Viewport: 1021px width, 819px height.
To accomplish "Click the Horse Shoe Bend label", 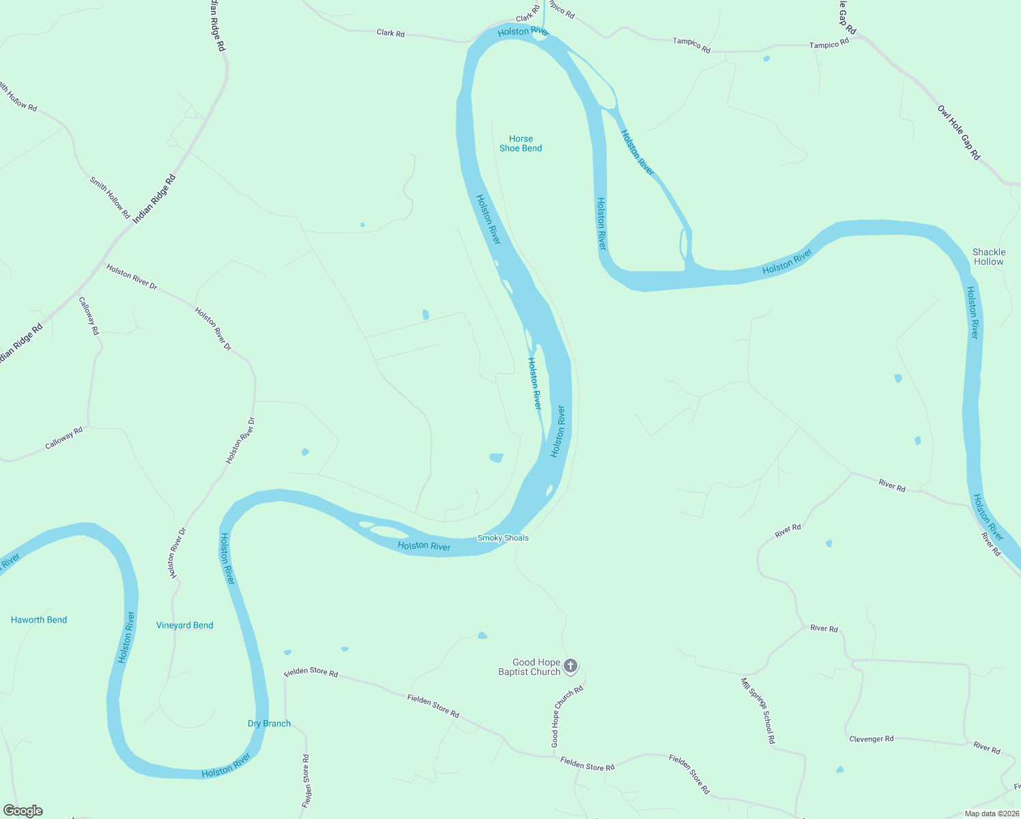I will point(521,143).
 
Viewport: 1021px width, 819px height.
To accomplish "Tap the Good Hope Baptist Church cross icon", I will point(571,665).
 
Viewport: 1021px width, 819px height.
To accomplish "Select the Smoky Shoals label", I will point(503,538).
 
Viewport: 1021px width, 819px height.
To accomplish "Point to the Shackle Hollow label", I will point(988,257).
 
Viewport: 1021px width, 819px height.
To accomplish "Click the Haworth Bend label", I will point(39,620).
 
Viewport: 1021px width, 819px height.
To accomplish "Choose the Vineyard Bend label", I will point(185,625).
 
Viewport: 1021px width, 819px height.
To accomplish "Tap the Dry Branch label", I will point(269,723).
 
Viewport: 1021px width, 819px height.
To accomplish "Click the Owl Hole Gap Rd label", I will point(958,133).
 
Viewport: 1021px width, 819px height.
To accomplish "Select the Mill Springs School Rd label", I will point(758,710).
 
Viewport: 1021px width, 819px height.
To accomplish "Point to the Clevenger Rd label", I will point(871,739).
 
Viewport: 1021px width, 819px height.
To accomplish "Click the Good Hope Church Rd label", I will point(568,716).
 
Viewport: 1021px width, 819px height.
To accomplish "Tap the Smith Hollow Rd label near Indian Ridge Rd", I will point(109,198).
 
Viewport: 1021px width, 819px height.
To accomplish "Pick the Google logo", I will point(23,811).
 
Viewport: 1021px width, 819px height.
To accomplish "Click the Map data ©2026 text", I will point(990,814).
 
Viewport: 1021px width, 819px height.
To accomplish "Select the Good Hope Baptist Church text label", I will point(530,667).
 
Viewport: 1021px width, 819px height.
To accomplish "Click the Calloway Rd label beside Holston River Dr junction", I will point(89,315).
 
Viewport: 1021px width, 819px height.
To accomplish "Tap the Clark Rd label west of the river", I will point(390,33).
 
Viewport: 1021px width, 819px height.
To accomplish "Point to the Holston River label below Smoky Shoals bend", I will point(424,545).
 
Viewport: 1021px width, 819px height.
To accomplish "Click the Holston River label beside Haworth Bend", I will point(126,637).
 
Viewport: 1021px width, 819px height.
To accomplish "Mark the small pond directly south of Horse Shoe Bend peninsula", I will point(496,457).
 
